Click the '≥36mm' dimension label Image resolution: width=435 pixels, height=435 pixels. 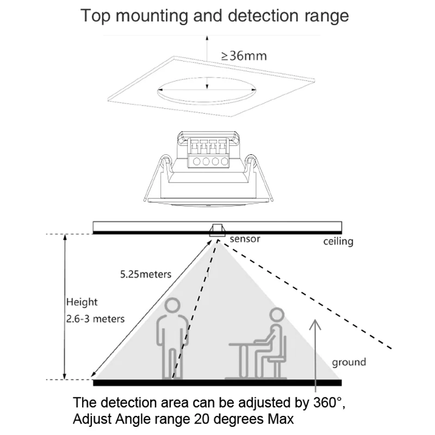244,55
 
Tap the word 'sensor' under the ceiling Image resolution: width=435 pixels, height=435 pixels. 245,239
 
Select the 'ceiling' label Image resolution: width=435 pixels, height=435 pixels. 338,240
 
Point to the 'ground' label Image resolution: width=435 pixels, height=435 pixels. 349,362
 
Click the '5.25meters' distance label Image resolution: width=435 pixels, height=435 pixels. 146,274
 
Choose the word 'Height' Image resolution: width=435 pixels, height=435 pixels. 82,302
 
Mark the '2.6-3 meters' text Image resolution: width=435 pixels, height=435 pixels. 95,318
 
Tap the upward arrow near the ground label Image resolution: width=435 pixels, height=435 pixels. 313,353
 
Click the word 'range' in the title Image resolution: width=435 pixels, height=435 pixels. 326,15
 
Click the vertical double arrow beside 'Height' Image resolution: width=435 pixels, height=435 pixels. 66,307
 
